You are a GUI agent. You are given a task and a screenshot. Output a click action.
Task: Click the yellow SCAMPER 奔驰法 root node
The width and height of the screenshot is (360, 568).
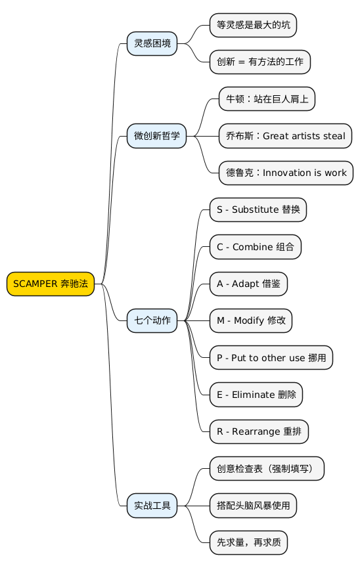coord(51,284)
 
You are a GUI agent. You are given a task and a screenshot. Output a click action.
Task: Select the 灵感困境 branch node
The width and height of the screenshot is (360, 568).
coord(152,43)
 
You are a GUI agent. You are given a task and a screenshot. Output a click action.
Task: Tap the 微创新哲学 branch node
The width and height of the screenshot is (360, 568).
coord(156,136)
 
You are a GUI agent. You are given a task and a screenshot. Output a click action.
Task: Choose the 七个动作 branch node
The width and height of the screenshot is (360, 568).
coord(152,320)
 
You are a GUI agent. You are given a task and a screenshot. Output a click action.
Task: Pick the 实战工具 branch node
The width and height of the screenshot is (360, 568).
coord(152,506)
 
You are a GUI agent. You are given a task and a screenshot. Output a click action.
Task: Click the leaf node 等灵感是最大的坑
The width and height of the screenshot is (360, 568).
coord(253,25)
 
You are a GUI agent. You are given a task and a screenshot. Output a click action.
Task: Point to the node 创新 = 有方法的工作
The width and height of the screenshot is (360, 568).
coord(259,62)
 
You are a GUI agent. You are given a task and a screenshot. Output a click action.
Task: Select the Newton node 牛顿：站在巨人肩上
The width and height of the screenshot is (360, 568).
coord(267,99)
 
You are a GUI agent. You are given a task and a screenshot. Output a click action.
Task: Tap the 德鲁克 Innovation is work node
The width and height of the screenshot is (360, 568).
coord(286,173)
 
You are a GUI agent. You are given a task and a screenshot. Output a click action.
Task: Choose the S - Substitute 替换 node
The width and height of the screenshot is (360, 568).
coord(258,210)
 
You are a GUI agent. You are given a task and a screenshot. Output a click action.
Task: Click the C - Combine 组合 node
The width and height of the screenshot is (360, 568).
coord(255,247)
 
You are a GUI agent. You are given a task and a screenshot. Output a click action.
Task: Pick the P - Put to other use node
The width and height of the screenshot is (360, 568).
coord(271,358)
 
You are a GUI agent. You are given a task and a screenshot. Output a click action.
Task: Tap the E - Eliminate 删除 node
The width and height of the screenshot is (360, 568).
coord(256,395)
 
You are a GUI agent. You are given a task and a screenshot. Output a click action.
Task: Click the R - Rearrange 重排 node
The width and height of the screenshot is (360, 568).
coord(258,431)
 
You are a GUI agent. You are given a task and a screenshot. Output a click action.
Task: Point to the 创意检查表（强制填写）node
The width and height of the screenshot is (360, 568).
coord(266,469)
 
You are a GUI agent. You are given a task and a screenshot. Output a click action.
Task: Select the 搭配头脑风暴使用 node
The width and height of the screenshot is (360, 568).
coord(253,506)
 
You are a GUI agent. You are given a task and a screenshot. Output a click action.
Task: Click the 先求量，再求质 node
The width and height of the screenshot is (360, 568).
coord(248,542)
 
